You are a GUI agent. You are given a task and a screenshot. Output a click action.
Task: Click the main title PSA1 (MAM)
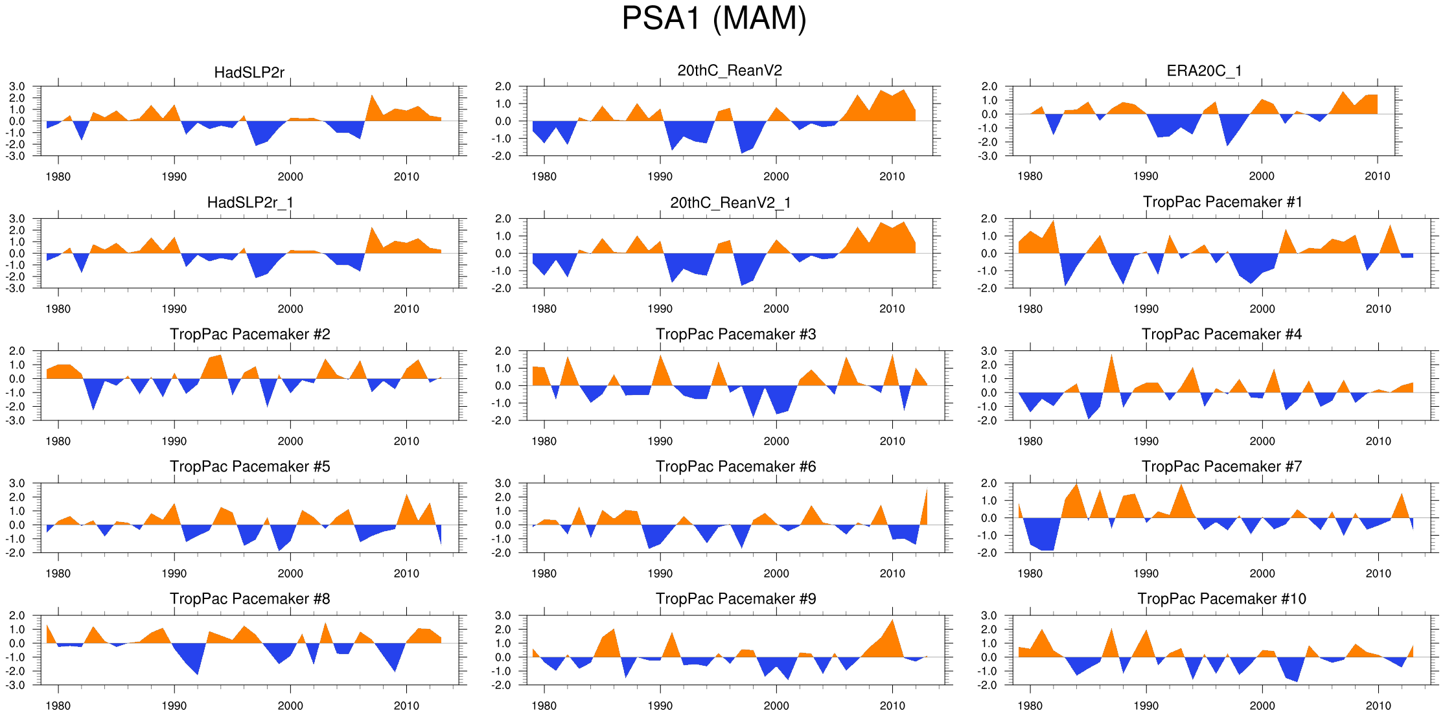[714, 19]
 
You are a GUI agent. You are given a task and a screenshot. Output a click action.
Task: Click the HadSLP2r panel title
[249, 73]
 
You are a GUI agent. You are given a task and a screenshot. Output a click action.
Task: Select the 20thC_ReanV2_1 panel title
[730, 203]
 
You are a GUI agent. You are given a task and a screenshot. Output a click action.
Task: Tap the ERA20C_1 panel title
[1204, 71]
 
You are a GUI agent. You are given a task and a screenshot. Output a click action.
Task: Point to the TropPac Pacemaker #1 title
[1222, 202]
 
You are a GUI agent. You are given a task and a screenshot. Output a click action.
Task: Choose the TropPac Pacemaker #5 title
[249, 466]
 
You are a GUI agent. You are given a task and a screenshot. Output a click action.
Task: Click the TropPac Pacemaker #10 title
[1221, 598]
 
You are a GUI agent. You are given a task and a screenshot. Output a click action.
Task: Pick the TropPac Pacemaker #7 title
[1221, 466]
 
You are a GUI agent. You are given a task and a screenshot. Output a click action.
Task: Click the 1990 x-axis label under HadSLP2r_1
[174, 309]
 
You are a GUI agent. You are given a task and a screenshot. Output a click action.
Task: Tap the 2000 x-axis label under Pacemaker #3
[776, 441]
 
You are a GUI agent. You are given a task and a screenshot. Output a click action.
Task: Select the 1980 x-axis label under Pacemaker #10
[1030, 705]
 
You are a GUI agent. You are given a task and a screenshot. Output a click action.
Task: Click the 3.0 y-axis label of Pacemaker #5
[17, 483]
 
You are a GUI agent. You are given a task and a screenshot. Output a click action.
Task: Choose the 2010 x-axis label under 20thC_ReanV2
[892, 177]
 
